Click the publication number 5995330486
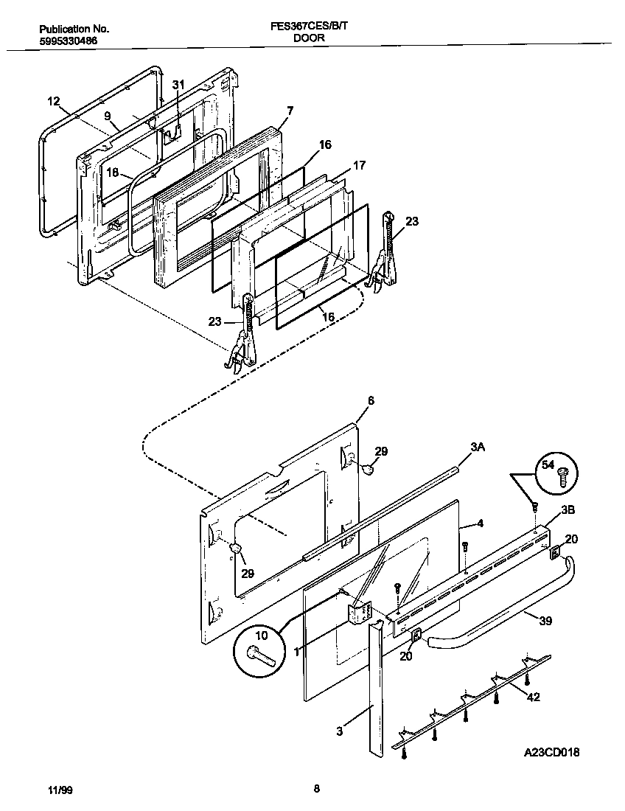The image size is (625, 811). click(x=68, y=41)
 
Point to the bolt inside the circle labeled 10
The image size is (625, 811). click(x=259, y=652)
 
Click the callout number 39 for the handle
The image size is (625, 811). click(x=545, y=621)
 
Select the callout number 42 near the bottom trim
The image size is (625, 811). click(x=534, y=697)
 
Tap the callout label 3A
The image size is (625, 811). click(x=478, y=447)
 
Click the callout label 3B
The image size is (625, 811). click(x=568, y=509)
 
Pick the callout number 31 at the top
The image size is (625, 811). click(x=178, y=85)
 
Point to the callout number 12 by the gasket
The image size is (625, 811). click(x=53, y=101)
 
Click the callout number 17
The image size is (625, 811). click(x=359, y=166)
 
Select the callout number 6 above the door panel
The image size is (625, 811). click(x=371, y=400)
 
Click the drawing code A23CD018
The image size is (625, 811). click(x=552, y=753)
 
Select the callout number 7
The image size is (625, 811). click(x=290, y=111)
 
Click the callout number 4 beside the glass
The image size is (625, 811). click(x=480, y=524)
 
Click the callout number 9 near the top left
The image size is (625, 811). click(x=108, y=116)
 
